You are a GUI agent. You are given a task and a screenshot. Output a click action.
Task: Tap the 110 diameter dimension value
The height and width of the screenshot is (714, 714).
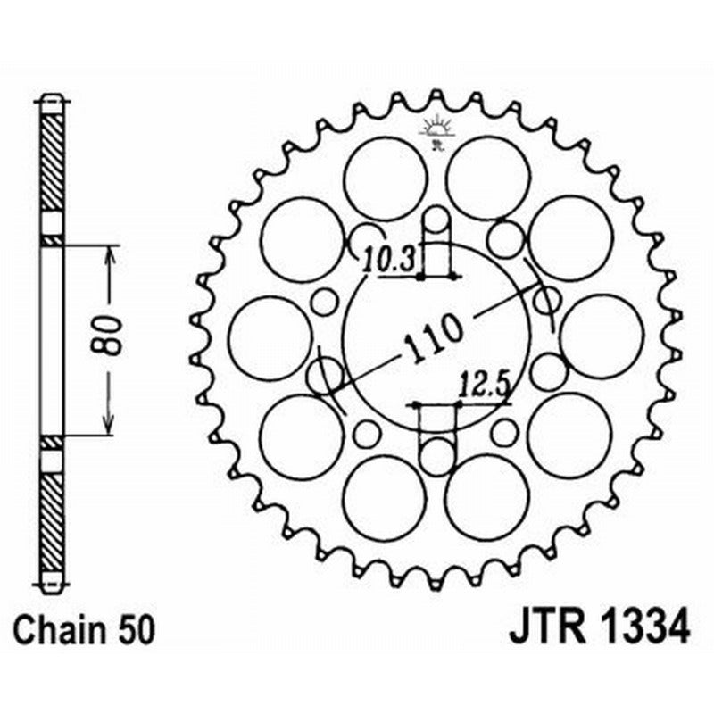[x=435, y=337]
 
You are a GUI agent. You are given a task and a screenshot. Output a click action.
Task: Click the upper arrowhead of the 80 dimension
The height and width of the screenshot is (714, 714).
[x=109, y=253]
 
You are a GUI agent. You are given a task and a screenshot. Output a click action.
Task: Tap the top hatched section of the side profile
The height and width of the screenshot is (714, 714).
[x=53, y=161]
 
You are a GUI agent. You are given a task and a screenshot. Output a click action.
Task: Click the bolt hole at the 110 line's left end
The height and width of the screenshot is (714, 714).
[x=324, y=375]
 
